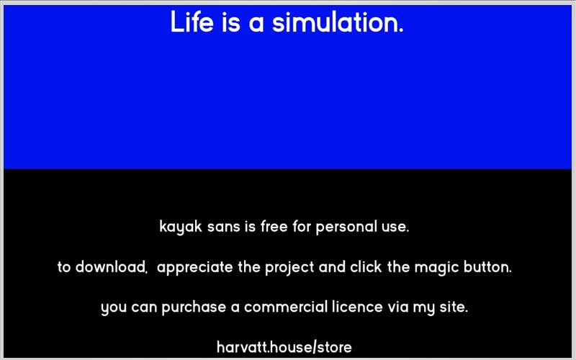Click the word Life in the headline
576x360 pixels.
192,22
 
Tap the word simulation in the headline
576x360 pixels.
338,22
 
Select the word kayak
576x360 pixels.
181,227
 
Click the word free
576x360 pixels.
274,226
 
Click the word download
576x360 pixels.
111,266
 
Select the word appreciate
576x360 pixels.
194,267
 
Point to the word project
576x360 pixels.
289,268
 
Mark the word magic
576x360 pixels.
436,268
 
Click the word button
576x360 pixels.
487,266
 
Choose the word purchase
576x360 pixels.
194,307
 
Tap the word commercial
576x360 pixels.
285,307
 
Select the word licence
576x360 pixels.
357,307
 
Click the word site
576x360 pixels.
454,307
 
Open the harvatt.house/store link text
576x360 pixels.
284,347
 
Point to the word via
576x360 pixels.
398,307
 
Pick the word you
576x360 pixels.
114,309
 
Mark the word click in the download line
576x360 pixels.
366,266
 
